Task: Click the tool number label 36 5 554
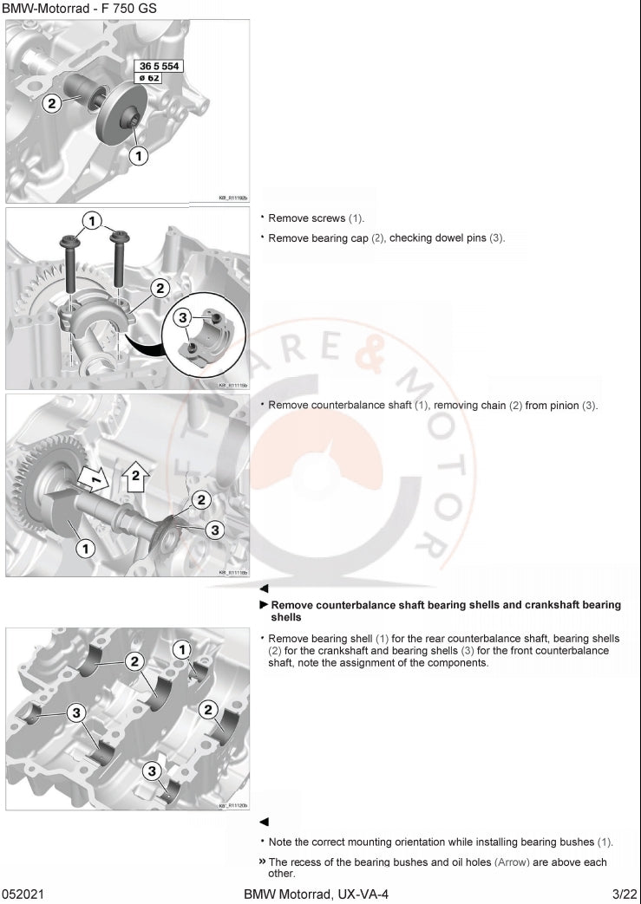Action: tap(160, 66)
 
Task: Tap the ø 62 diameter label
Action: tap(154, 78)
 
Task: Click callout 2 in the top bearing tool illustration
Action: tap(52, 103)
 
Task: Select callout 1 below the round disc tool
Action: tap(138, 155)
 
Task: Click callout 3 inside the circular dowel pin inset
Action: tap(183, 318)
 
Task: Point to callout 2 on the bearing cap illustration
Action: tap(160, 288)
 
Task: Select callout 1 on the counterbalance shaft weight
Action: tap(85, 548)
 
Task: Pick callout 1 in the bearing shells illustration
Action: tap(182, 648)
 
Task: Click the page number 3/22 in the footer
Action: tap(625, 894)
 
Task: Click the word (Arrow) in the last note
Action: tap(512, 862)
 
